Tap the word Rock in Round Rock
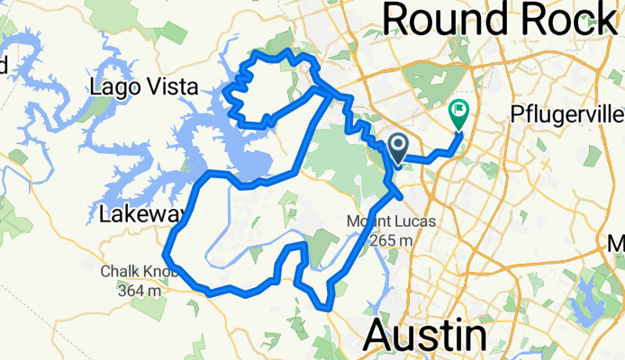tap(567, 19)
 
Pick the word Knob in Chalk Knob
tap(163, 273)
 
